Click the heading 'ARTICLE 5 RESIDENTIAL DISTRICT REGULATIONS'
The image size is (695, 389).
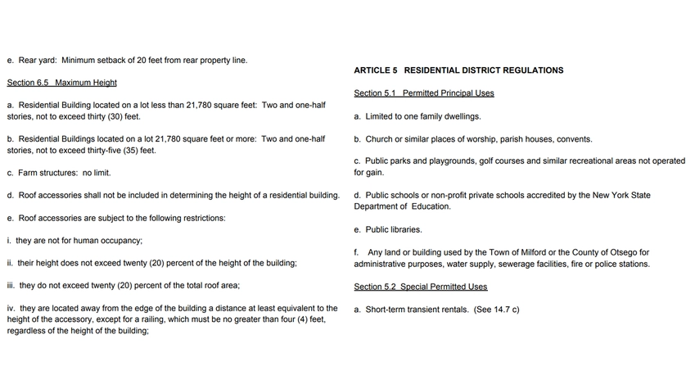tap(458, 70)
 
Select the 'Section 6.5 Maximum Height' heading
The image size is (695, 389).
tap(62, 83)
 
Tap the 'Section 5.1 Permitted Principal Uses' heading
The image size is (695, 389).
tap(424, 93)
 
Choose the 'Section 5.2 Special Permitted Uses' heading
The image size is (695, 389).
tap(421, 287)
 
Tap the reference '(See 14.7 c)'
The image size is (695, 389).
tap(496, 310)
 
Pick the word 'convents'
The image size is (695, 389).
tap(574, 139)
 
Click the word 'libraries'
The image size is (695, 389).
tap(405, 230)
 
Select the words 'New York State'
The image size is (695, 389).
tap(623, 196)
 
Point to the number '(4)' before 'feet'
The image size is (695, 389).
tap(299, 319)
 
